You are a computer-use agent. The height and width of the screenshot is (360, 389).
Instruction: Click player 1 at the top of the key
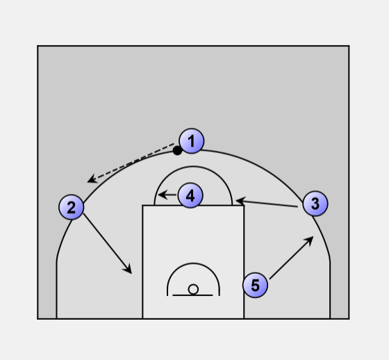[x=192, y=141]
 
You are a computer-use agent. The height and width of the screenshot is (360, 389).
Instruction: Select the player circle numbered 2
[x=72, y=207]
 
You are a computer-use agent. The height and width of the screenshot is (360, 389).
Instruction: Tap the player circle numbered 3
[x=315, y=204]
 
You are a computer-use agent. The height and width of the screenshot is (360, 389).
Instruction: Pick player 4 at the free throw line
[x=190, y=196]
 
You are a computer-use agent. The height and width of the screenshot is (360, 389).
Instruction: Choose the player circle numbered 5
[x=256, y=285]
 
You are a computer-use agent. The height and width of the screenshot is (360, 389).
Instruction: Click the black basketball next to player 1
[x=177, y=150]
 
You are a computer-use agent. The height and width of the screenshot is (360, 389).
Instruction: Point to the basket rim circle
[x=193, y=290]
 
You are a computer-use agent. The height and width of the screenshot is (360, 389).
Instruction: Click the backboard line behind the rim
[x=192, y=295]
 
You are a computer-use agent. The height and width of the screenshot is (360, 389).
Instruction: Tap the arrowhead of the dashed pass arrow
[x=92, y=179]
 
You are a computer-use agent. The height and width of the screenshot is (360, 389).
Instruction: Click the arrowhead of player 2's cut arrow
[x=129, y=270]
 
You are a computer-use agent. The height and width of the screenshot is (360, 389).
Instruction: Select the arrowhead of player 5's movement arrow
[x=309, y=240]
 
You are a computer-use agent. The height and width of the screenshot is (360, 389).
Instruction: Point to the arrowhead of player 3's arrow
[x=240, y=200]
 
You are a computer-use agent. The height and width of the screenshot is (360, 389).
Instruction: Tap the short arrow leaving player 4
[x=167, y=195]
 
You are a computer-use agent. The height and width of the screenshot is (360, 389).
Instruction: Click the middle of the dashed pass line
[x=131, y=163]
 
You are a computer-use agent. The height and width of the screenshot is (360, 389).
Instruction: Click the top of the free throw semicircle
[x=193, y=167]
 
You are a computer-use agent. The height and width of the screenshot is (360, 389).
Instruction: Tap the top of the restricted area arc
[x=193, y=263]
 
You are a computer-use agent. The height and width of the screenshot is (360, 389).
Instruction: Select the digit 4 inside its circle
[x=190, y=196]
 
